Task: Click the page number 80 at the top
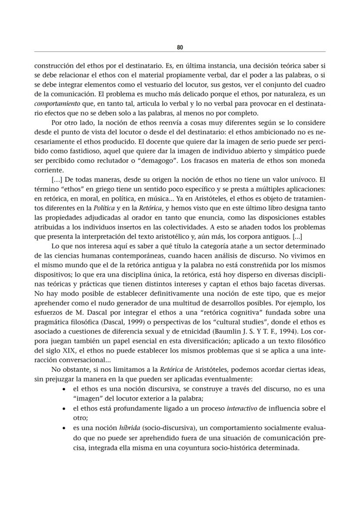[180, 47]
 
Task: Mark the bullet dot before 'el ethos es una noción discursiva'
[65, 389]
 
